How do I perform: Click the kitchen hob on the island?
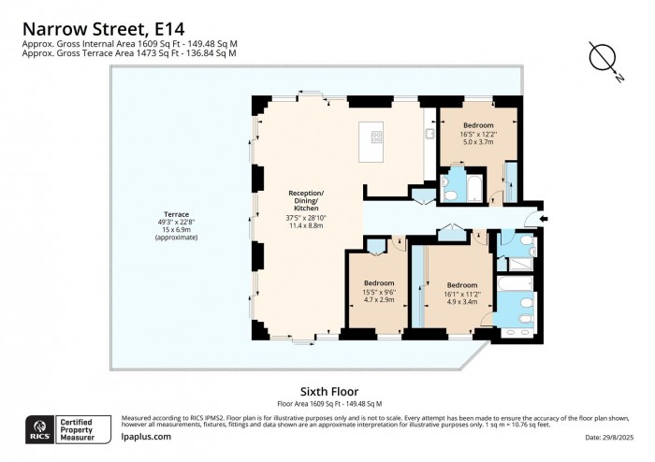click(376, 137)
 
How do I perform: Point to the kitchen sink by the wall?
click(428, 136)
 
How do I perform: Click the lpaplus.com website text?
click(147, 437)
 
